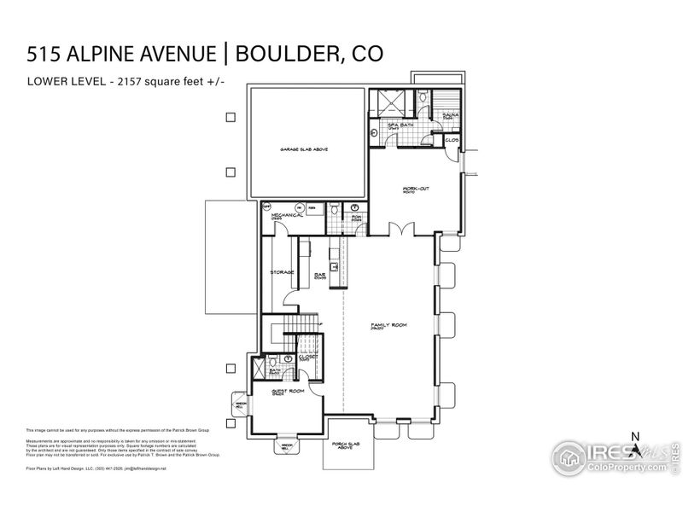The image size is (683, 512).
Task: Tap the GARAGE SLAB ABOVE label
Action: point(305,150)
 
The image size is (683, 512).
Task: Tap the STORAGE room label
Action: point(283,272)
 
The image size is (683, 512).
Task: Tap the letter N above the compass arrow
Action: point(634,437)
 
